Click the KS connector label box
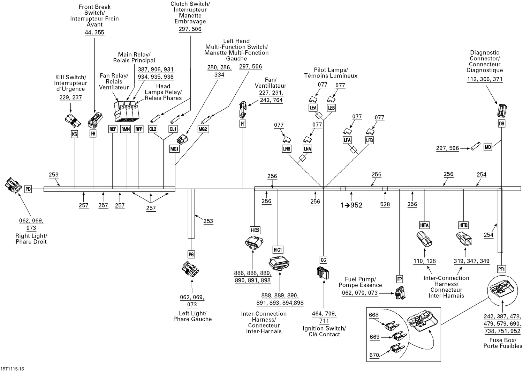(x=74, y=134)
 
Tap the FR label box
(x=93, y=134)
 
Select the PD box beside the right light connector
(x=28, y=189)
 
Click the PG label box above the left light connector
(x=191, y=254)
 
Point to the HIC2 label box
(x=255, y=230)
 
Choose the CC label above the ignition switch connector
(x=323, y=260)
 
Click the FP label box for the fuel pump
(x=400, y=279)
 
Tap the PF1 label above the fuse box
(x=501, y=269)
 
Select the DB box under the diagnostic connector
(x=501, y=124)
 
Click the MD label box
(x=488, y=147)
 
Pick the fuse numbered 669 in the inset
(x=397, y=336)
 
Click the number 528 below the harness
(x=385, y=204)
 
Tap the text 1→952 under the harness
(x=351, y=205)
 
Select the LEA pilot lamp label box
(x=313, y=108)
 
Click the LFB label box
(x=370, y=140)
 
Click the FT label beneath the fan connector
(x=243, y=124)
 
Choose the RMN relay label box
(x=126, y=129)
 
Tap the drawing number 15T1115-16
(x=12, y=369)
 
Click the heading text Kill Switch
(x=70, y=77)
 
